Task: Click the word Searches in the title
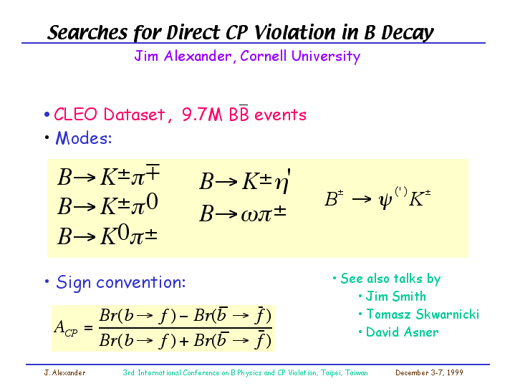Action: (87, 32)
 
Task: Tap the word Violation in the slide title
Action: (296, 32)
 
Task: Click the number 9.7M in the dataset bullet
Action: (202, 115)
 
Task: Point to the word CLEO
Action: (75, 115)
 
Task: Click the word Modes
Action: (83, 138)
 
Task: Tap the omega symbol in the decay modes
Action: (249, 215)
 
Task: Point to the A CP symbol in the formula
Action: (66, 328)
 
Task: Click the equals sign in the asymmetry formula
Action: (88, 327)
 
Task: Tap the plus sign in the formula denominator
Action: (184, 342)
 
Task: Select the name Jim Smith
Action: (396, 296)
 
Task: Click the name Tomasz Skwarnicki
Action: (423, 314)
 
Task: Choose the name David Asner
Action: (403, 332)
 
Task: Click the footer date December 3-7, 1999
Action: (429, 372)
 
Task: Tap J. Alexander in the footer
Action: (64, 372)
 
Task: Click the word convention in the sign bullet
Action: (140, 282)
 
